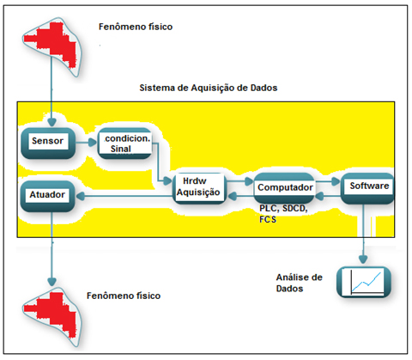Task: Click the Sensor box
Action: pyautogui.click(x=48, y=143)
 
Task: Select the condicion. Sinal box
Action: pyautogui.click(x=124, y=143)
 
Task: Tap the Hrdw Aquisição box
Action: pyautogui.click(x=199, y=188)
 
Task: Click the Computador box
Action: pyautogui.click(x=284, y=188)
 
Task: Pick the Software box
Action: pyautogui.click(x=367, y=188)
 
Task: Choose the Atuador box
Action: pyautogui.click(x=48, y=196)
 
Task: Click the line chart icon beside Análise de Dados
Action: pyautogui.click(x=364, y=282)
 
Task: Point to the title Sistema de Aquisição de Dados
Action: pyautogui.click(x=209, y=88)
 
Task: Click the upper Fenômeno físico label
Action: pyautogui.click(x=136, y=27)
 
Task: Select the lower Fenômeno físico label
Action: pyautogui.click(x=124, y=296)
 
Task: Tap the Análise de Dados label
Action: pyautogui.click(x=300, y=283)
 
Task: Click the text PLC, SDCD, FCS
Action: pyautogui.click(x=283, y=214)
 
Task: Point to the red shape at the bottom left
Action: pyautogui.click(x=51, y=314)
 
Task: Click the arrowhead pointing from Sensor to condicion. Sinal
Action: pyautogui.click(x=93, y=142)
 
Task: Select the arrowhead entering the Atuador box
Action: pyautogui.click(x=80, y=196)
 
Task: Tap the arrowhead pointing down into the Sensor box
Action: pyautogui.click(x=51, y=123)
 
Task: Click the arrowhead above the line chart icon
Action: pyautogui.click(x=363, y=259)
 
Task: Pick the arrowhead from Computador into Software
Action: pyautogui.click(x=336, y=181)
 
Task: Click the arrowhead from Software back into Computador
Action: pyautogui.click(x=319, y=196)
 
